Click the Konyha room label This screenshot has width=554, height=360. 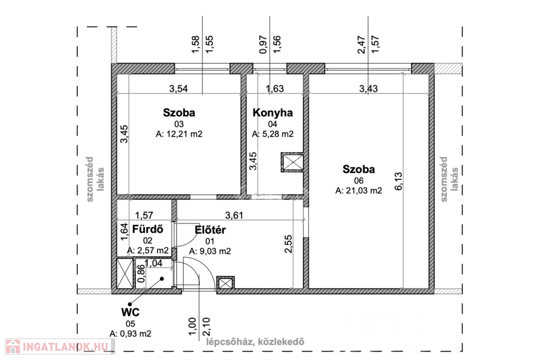tap(273, 112)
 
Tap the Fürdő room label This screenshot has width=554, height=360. tap(148, 229)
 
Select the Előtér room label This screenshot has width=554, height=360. tap(210, 230)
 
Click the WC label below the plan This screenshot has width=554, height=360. tap(130, 312)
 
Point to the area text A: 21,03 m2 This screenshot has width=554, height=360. tap(359, 191)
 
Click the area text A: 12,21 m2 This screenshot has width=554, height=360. tap(179, 134)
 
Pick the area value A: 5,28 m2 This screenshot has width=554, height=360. tap(273, 134)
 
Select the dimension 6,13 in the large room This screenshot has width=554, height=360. tap(398, 181)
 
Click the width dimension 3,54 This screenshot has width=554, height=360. tap(179, 89)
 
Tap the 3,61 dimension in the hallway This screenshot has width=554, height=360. tap(234, 215)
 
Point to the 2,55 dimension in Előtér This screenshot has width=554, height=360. tap(288, 244)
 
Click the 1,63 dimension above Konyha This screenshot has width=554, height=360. tap(274, 89)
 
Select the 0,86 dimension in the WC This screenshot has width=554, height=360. tap(141, 274)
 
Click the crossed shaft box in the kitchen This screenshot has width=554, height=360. tap(292, 162)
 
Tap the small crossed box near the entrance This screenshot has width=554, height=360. tap(226, 283)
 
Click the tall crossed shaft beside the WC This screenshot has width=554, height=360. tap(125, 274)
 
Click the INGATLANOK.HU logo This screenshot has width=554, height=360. tap(60, 346)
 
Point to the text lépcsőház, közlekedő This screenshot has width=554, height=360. tap(255, 342)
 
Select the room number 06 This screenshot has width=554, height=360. tap(359, 181)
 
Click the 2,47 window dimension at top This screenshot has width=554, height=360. tap(361, 45)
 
